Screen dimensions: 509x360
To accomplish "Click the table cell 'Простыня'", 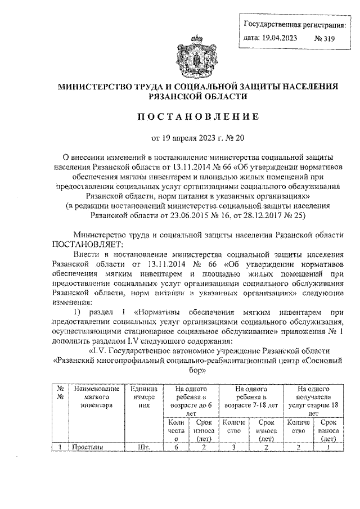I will click(x=84, y=447).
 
